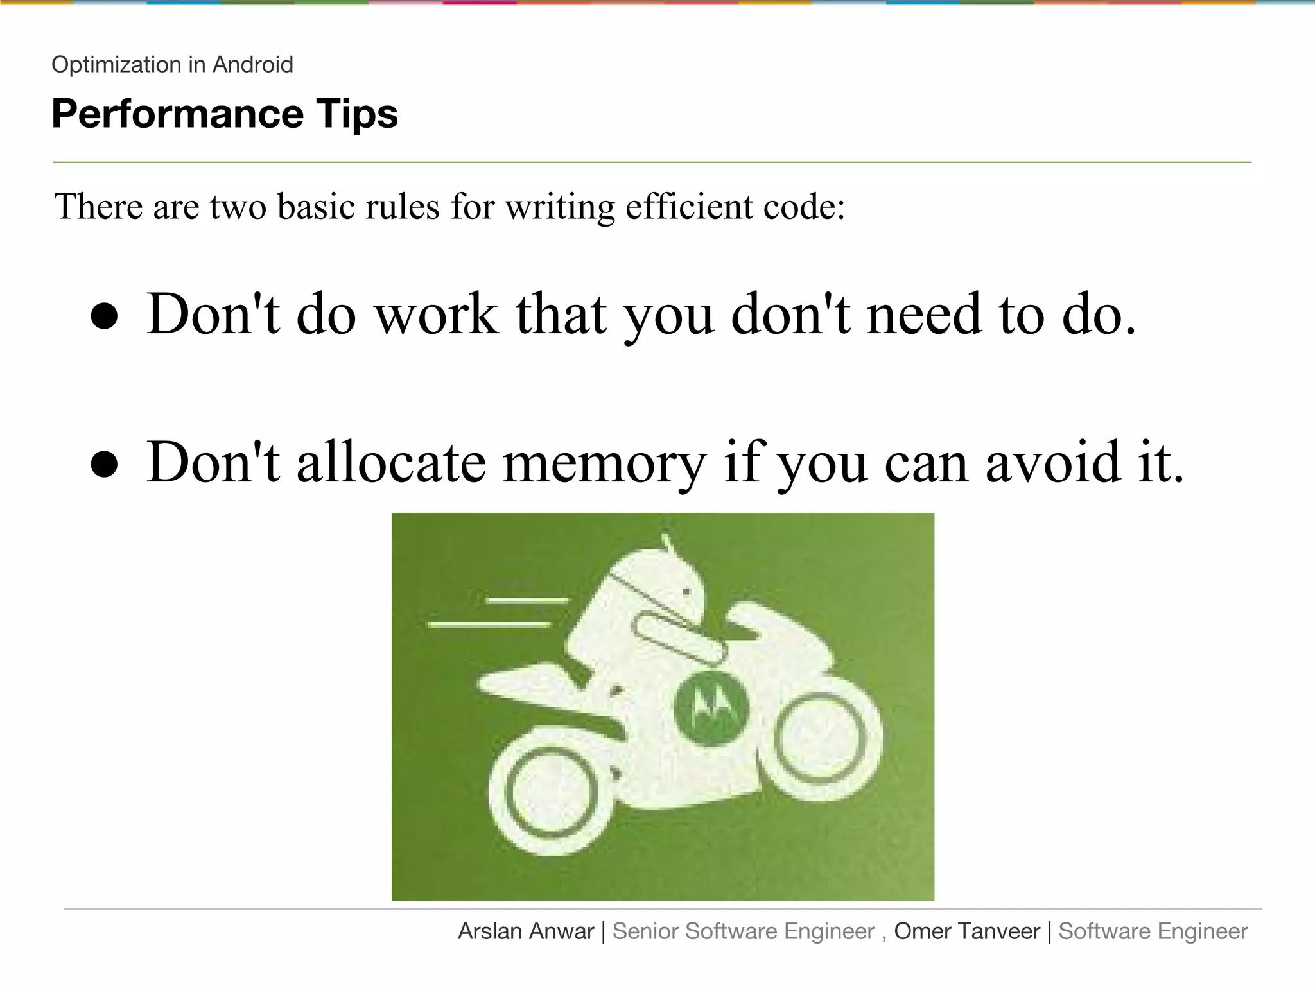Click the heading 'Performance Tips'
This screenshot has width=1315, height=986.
point(225,114)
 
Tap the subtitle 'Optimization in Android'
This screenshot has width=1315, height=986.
point(172,65)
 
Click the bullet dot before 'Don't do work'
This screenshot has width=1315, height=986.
point(105,316)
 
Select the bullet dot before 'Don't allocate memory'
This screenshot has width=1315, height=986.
point(105,464)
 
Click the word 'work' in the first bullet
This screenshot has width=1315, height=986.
point(437,315)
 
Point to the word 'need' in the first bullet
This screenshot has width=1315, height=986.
point(923,315)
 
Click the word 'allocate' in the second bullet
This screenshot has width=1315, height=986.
point(391,462)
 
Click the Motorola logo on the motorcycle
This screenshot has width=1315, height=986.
point(711,709)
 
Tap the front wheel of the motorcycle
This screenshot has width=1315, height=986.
point(820,739)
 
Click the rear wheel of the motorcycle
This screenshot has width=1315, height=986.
point(552,792)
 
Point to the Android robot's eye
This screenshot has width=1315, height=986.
point(686,592)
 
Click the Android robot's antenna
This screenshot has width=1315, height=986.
point(668,544)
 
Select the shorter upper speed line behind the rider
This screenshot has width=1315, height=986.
point(527,601)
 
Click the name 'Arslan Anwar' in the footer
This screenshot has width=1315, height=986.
point(526,931)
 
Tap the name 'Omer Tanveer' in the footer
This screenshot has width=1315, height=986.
point(967,931)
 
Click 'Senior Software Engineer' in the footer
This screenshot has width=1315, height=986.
point(744,931)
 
